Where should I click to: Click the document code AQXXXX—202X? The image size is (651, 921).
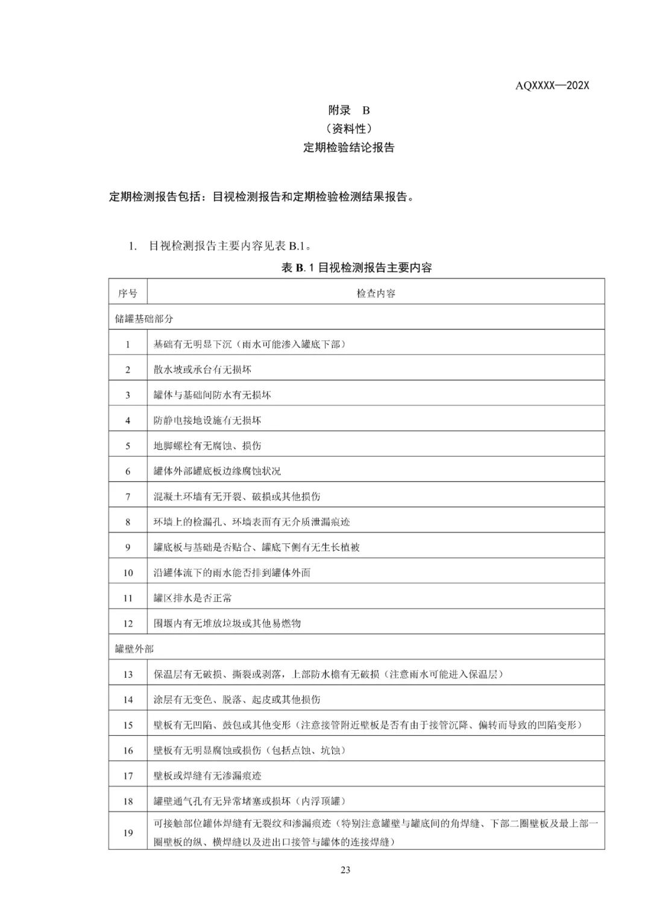pos(552,85)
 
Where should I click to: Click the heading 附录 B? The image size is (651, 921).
pos(348,110)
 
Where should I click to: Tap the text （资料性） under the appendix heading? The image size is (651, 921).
pos(348,128)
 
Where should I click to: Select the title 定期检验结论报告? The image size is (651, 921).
pos(348,148)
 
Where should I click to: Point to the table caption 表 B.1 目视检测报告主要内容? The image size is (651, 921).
pos(356,268)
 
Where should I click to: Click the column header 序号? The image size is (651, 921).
pos(128,294)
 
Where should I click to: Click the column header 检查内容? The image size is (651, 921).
pos(376,294)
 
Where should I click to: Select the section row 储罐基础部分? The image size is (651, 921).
pos(144,319)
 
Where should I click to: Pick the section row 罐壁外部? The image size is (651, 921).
pos(134,649)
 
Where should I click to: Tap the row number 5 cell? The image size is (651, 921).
pos(128,446)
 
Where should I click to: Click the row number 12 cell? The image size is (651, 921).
pos(128,624)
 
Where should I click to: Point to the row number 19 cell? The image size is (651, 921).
pos(128,833)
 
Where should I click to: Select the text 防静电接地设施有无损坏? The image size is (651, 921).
pos(207,420)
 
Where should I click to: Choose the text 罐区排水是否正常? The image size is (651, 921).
pos(193,598)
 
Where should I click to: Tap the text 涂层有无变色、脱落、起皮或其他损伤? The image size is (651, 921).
pos(237,700)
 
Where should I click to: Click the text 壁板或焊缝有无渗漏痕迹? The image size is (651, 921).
pos(207,776)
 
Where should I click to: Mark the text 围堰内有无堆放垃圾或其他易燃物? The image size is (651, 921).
pos(227,624)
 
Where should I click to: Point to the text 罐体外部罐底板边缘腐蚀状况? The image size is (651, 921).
pos(217,471)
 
